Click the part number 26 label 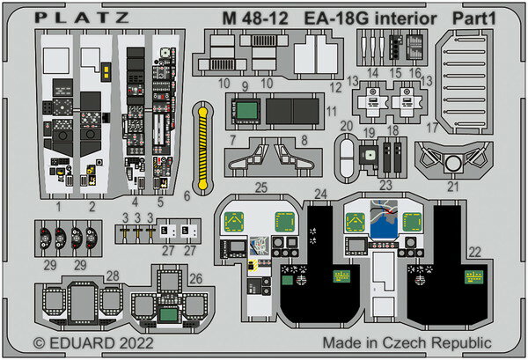pyautogui.click(x=195, y=277)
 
